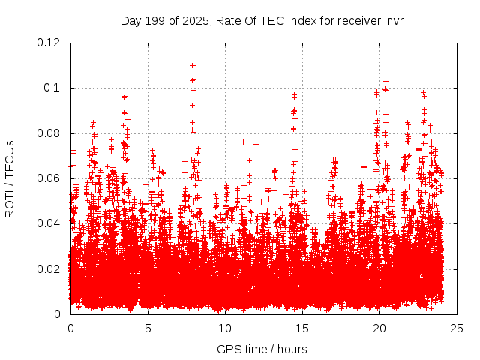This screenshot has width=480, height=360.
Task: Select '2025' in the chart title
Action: coord(193,20)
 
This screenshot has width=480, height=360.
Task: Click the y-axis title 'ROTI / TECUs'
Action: coord(10,178)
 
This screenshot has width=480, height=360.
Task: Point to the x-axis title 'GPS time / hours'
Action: coord(262,349)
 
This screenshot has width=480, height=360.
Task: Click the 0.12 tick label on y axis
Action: coord(50,43)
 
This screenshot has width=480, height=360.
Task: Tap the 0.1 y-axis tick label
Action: coord(53,88)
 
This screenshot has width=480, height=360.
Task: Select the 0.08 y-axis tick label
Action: coord(50,133)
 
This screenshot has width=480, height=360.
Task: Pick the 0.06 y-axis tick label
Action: coord(50,178)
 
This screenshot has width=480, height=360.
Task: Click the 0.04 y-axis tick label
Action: coord(50,223)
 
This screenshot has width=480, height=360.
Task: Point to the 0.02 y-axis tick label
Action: coord(50,268)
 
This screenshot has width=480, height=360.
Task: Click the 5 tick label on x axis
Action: coord(148,328)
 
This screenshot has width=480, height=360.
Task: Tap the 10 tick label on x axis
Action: coord(225,328)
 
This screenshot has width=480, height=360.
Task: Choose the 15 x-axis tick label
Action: coord(302,328)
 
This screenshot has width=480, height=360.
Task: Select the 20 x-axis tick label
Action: coord(379,328)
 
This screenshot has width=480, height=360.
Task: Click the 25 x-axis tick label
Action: coord(457,328)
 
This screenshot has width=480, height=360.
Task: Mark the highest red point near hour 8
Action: coord(193,65)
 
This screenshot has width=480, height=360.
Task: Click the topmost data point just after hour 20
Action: coord(385,80)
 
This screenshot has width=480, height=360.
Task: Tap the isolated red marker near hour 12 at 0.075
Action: coord(256,145)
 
